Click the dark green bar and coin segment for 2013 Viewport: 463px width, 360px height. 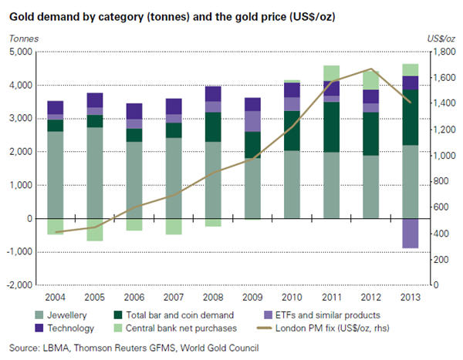click(410, 117)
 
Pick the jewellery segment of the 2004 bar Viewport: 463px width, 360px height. click(56, 175)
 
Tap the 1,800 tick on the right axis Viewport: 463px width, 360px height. click(439, 52)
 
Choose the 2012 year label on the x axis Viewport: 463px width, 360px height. click(370, 296)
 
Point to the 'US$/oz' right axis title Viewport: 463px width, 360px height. click(441, 38)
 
